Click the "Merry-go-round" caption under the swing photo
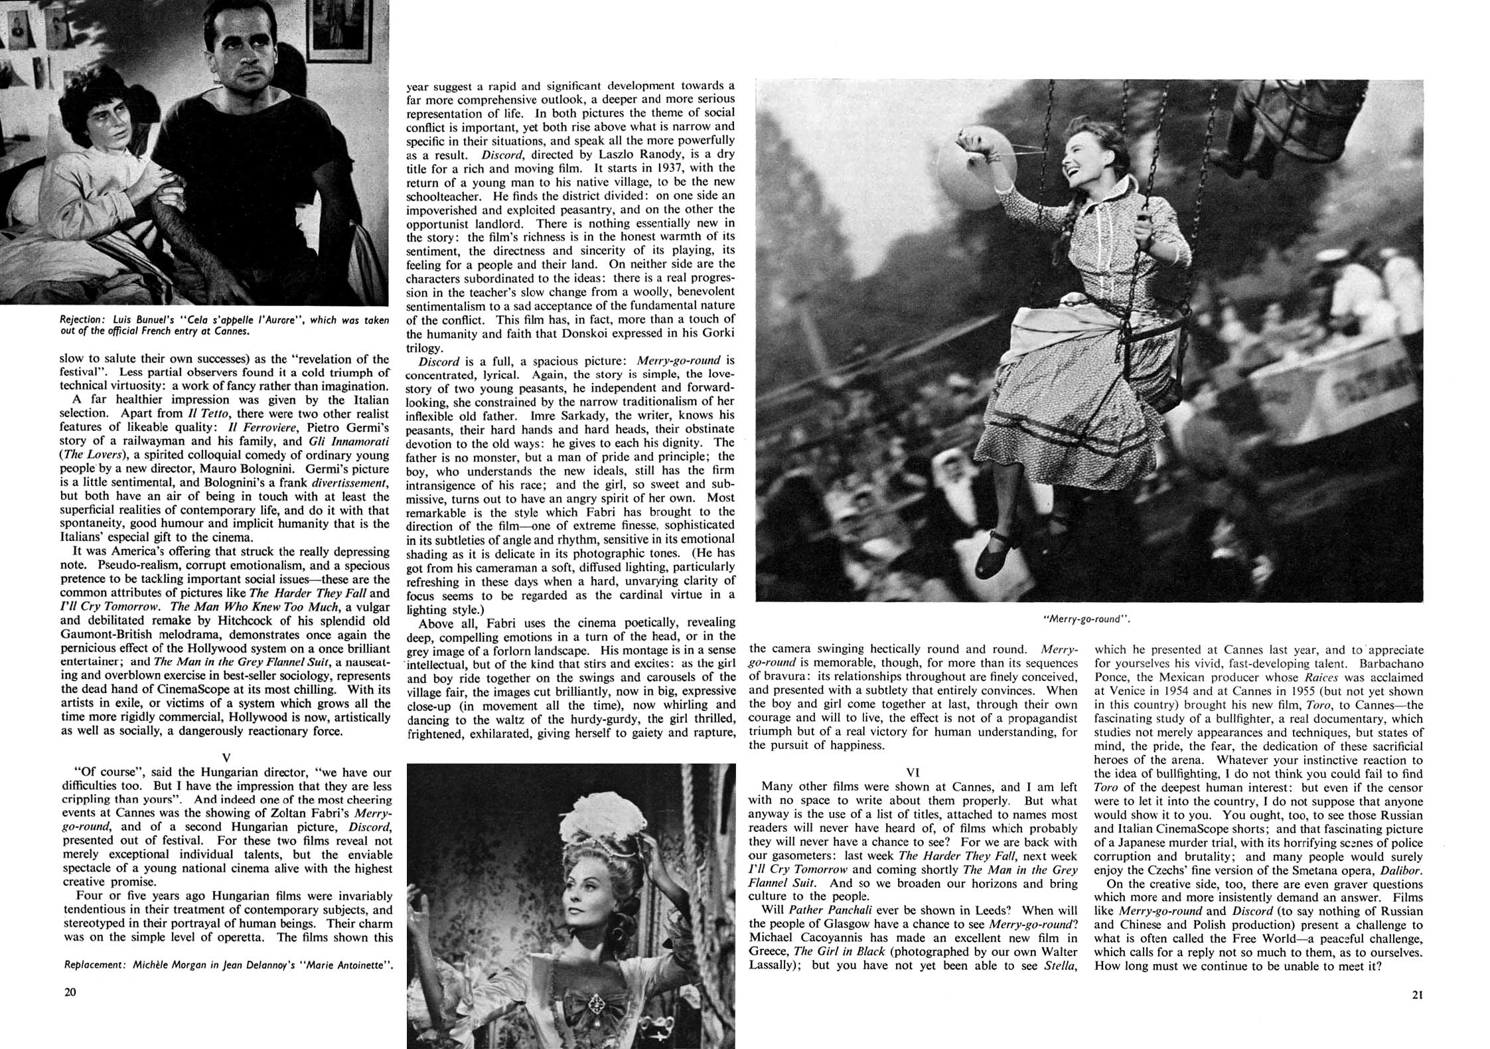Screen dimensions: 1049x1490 (x=1086, y=619)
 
